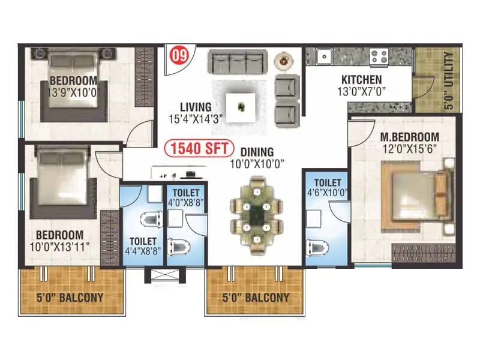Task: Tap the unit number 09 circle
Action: coord(178,56)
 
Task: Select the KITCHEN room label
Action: coord(361,80)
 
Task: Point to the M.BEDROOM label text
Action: coord(410,137)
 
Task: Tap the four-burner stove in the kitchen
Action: coord(379,56)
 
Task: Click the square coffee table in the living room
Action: coord(242,107)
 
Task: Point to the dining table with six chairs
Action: coord(257,213)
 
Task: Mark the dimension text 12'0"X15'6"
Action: coord(410,148)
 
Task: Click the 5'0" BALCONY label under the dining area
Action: coord(256,298)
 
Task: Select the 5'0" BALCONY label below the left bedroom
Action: coord(71,297)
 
